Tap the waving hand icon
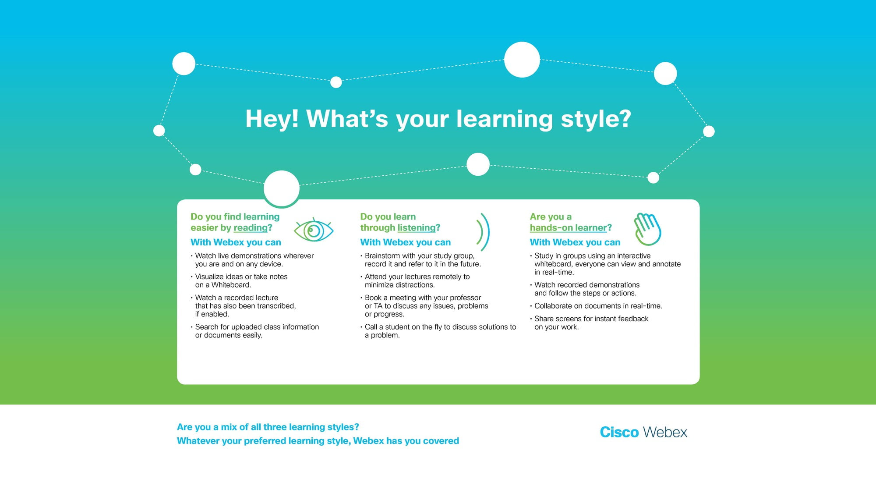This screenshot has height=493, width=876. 647,229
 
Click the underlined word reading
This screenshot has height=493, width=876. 251,228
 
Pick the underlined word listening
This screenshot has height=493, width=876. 417,228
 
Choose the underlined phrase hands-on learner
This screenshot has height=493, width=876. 568,228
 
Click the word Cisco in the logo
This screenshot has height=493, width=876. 619,432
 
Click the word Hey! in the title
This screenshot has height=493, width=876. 272,119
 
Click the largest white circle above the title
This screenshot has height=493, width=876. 522,60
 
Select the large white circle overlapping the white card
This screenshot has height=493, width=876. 282,188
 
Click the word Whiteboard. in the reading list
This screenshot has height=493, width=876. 231,285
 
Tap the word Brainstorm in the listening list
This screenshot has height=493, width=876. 382,255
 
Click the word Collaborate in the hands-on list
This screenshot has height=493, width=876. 553,306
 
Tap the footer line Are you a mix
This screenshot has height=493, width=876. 268,427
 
